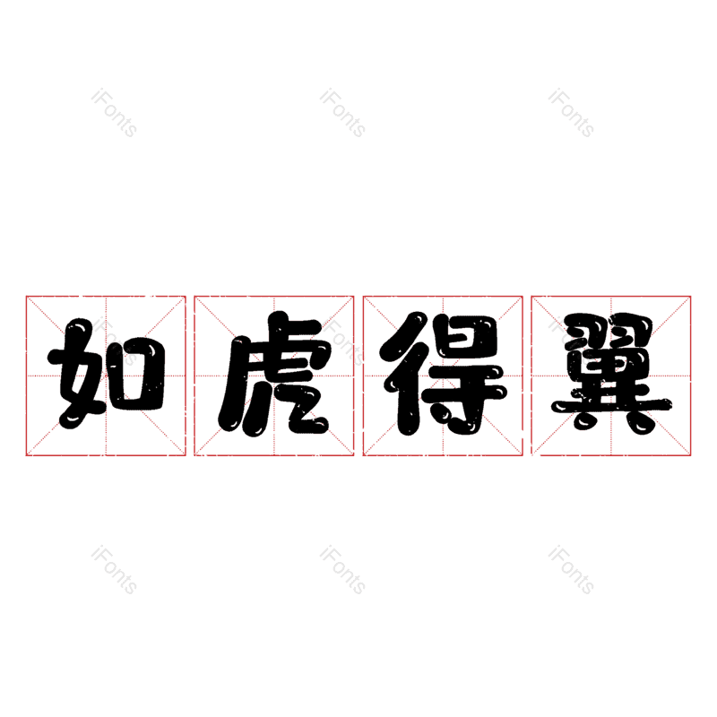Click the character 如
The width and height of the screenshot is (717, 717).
pos(106,375)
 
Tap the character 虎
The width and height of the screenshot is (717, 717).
pos(273,375)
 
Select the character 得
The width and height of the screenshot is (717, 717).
pos(442,375)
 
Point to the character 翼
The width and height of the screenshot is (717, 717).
pos(611,375)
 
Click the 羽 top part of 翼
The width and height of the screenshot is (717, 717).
pos(611,329)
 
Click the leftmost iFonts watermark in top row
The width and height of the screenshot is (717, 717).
pos(114,114)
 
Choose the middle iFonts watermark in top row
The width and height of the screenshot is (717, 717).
pos(342,114)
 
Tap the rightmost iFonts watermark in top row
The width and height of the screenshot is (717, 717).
pos(571,114)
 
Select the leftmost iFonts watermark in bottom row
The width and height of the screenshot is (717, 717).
pos(114,571)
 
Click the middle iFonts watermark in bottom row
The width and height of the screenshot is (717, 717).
pos(342,571)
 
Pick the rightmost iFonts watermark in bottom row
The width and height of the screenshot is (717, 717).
pos(571,571)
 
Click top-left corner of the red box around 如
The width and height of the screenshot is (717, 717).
pos(26,296)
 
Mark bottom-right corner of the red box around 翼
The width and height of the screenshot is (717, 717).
pos(691,455)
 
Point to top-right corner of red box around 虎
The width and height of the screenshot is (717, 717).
pos(354,296)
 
